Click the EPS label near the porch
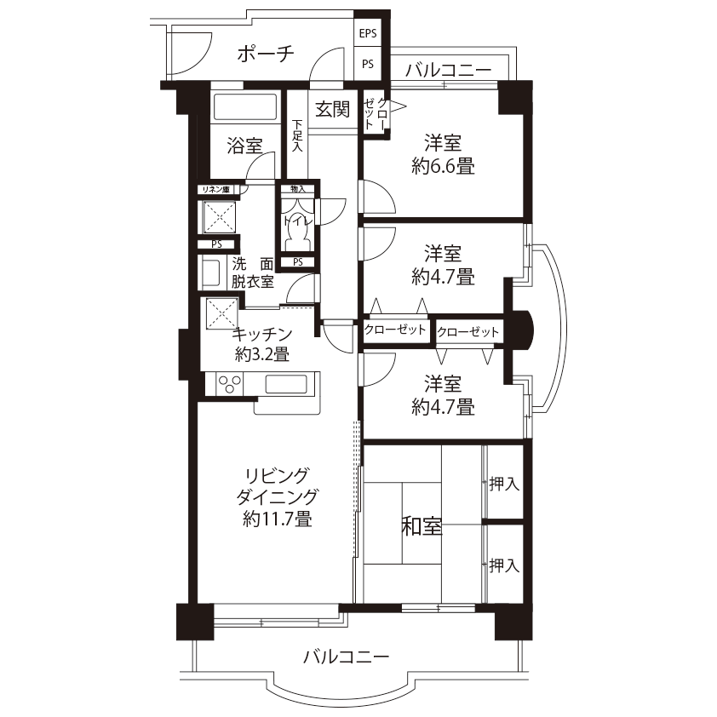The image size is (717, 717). click(368, 33)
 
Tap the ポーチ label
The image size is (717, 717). click(266, 54)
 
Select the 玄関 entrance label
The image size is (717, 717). click(332, 109)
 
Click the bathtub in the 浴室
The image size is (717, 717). click(245, 107)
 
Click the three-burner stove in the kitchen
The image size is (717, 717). click(230, 384)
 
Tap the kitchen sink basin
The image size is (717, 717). click(286, 384)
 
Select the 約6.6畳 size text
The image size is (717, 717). click(443, 166)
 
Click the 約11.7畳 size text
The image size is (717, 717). click(278, 519)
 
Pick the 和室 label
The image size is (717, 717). click(422, 526)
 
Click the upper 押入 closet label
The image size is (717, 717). click(504, 484)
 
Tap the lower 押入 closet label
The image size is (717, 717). click(504, 565)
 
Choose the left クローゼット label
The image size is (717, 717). click(395, 330)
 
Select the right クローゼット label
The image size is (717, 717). click(467, 331)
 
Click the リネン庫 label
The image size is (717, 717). click(216, 189)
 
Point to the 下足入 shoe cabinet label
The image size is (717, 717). click(297, 135)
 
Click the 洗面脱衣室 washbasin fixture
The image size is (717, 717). click(211, 273)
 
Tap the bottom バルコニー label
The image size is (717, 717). click(347, 657)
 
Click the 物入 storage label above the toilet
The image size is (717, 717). click(298, 189)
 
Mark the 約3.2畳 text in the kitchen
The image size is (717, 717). click(262, 354)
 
